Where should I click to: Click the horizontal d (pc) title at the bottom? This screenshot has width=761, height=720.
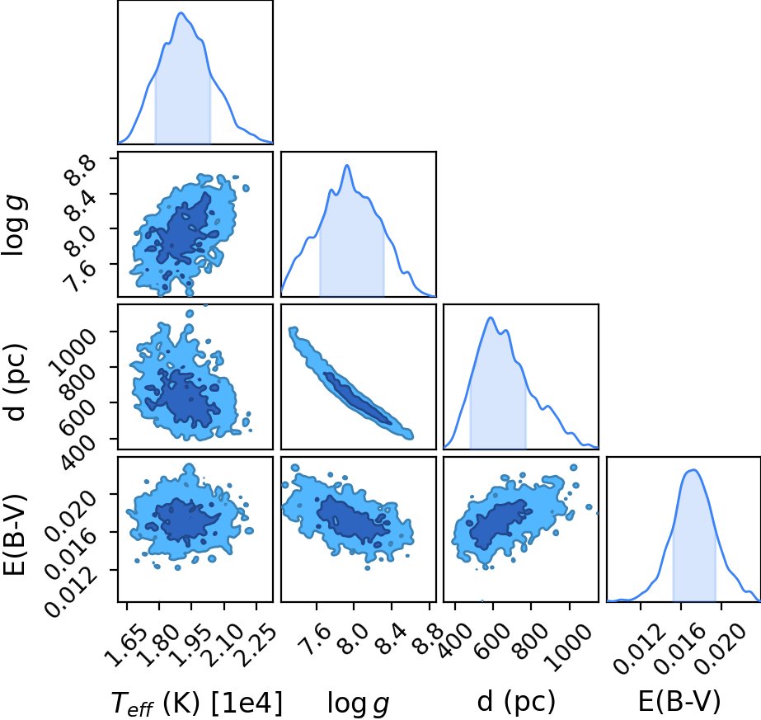pyautogui.click(x=516, y=702)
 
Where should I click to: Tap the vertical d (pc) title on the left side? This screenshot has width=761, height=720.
pyautogui.click(x=15, y=382)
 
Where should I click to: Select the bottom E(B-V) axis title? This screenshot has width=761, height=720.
pyautogui.click(x=679, y=702)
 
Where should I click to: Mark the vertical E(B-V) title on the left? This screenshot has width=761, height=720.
pyautogui.click(x=15, y=534)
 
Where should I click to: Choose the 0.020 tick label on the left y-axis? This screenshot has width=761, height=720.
pyautogui.click(x=72, y=515)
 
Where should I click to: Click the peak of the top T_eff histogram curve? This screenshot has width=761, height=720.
pyautogui.click(x=181, y=12)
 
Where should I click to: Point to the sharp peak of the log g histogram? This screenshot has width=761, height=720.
pyautogui.click(x=347, y=166)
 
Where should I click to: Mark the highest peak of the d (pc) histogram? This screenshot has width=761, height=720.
pyautogui.click(x=491, y=318)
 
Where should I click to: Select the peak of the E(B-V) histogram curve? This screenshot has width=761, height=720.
pyautogui.click(x=693, y=469)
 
